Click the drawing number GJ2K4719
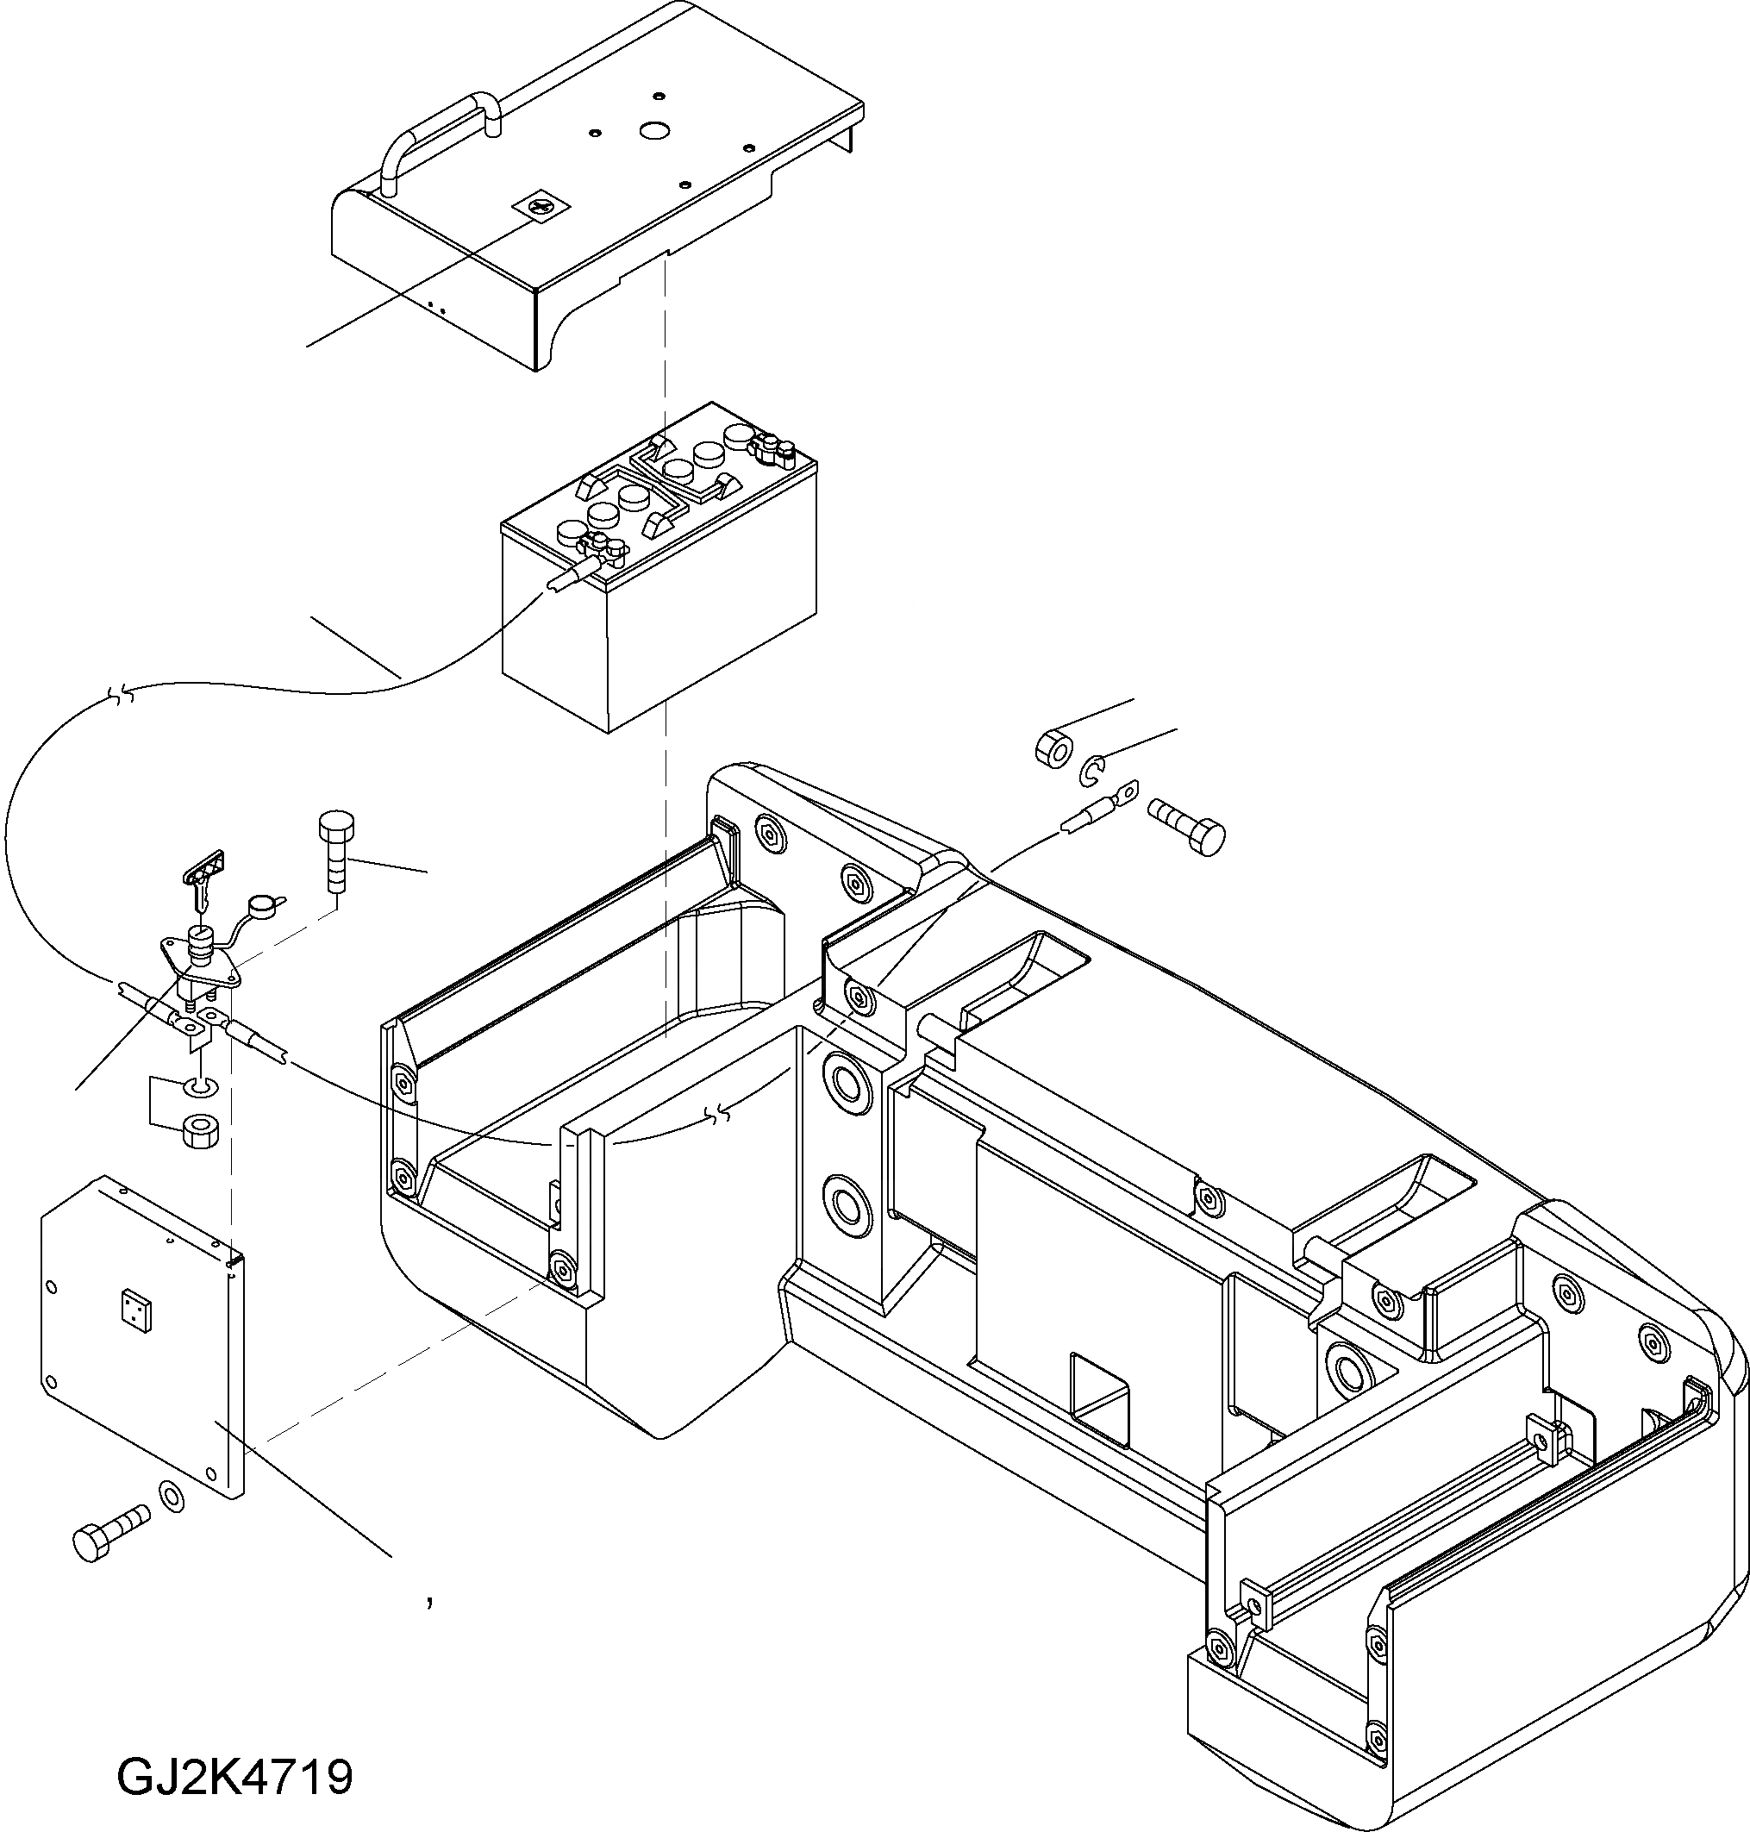point(235,1777)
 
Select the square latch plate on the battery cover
point(534,207)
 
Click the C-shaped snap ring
point(1092,771)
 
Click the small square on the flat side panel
point(134,1308)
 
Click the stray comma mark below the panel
point(428,1603)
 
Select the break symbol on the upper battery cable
point(122,693)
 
